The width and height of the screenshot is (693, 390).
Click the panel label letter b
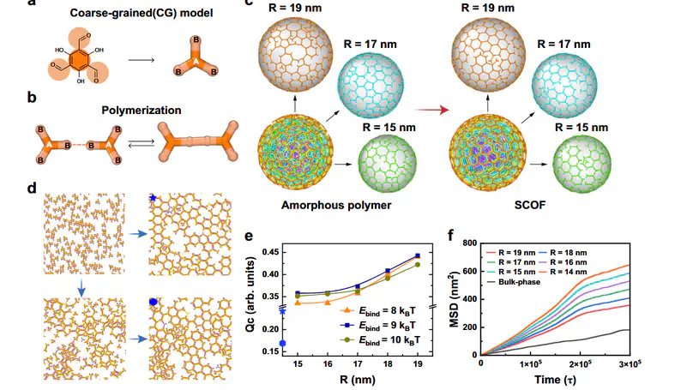pyautogui.click(x=32, y=97)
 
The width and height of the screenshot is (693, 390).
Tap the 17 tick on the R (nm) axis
pyautogui.click(x=358, y=363)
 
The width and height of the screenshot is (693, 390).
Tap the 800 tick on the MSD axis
pyautogui.click(x=468, y=244)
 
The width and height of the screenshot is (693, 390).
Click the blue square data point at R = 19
pyautogui.click(x=417, y=255)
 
